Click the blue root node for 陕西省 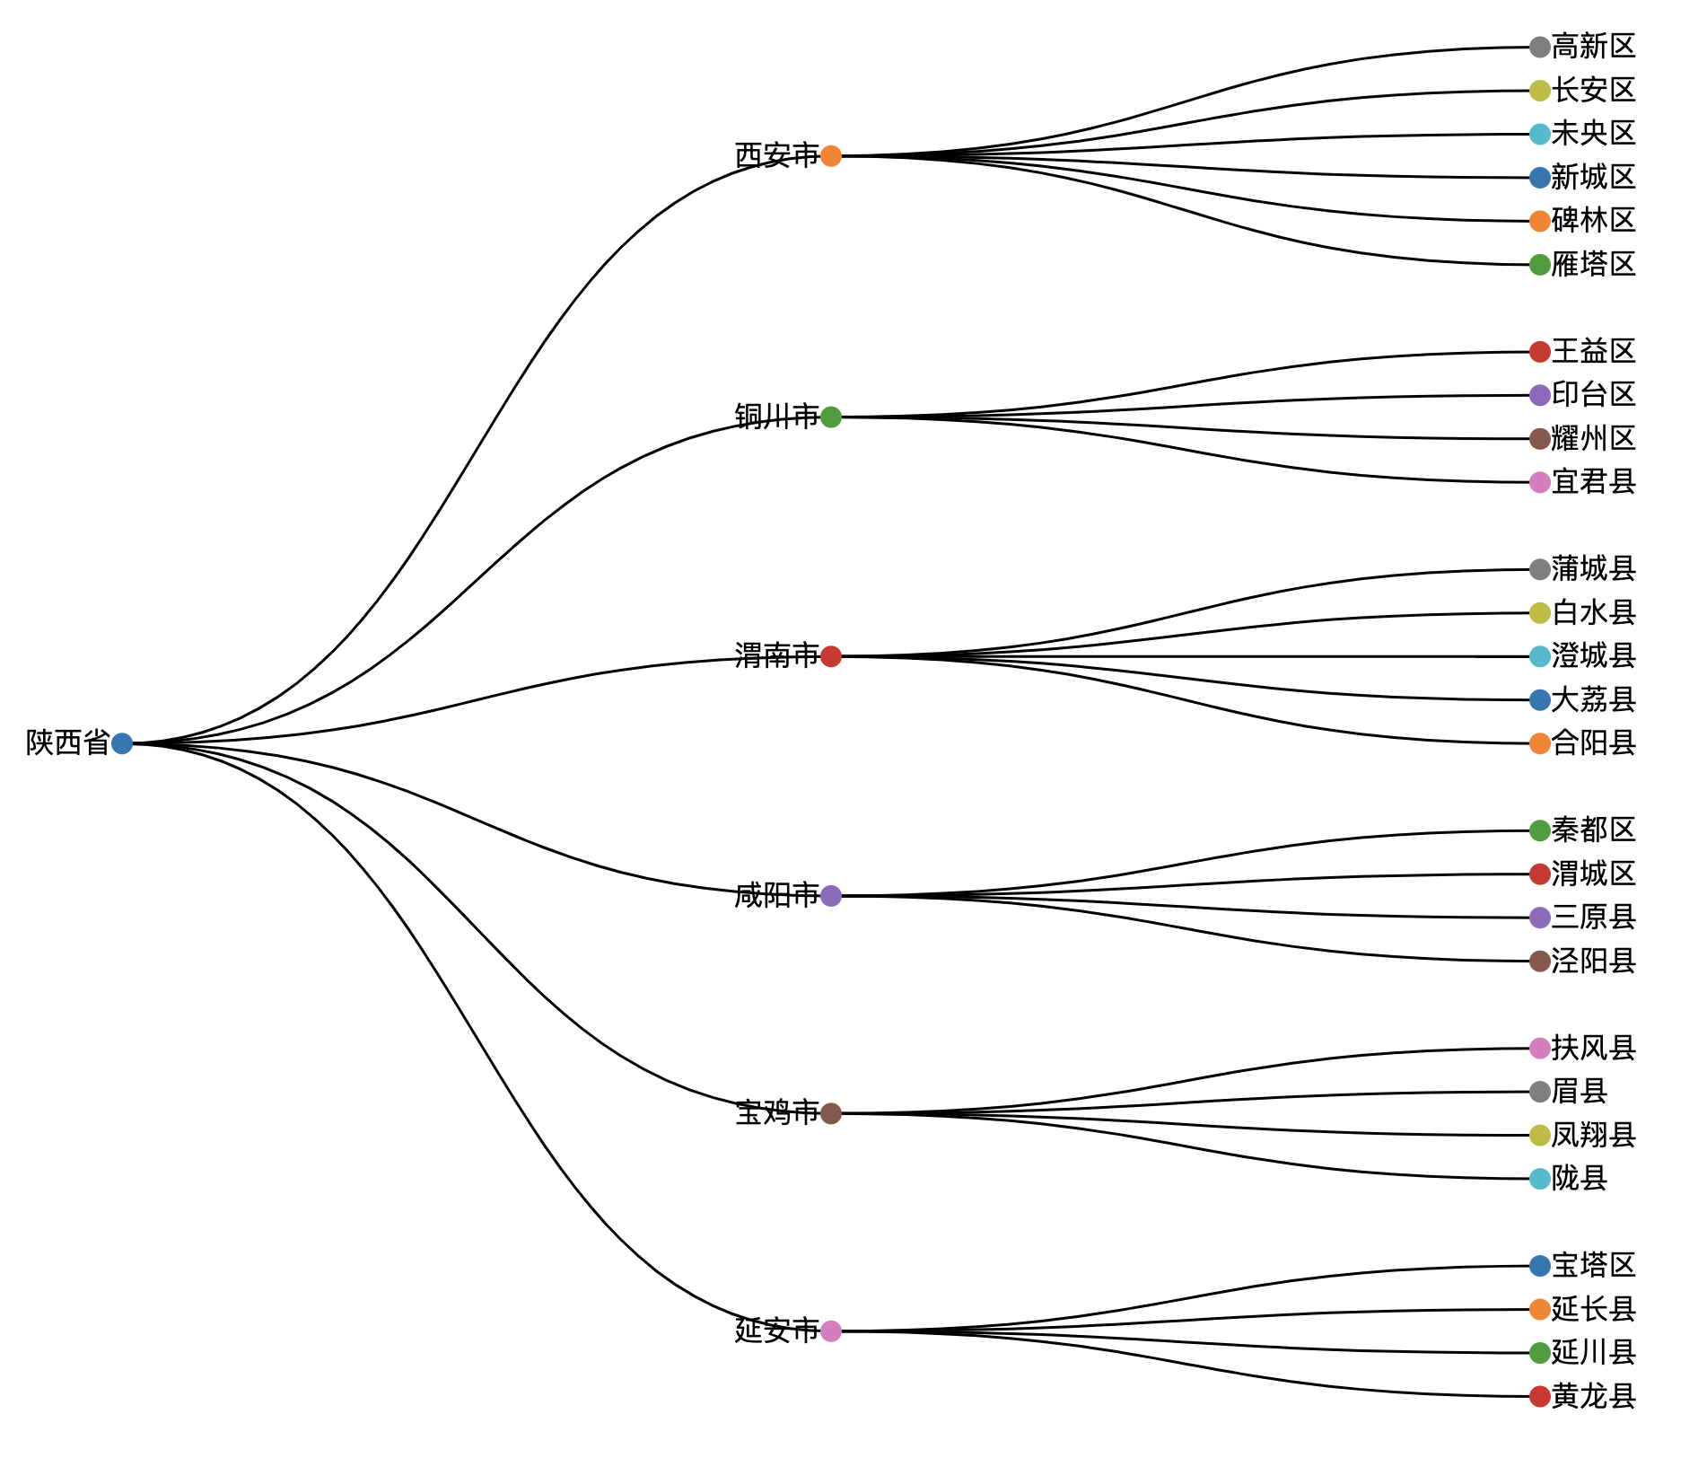(122, 743)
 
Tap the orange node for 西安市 (831, 156)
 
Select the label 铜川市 (776, 417)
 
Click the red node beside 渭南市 (831, 656)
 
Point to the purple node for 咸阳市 (831, 895)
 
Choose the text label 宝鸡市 (776, 1113)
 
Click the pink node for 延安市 (831, 1331)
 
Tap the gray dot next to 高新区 (1540, 47)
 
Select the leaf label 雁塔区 (1593, 265)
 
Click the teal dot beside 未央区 (1540, 134)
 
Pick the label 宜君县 (1593, 482)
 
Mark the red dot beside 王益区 (1540, 352)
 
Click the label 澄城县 (1593, 656)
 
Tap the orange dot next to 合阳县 (1540, 743)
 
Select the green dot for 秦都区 (1540, 830)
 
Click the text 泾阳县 (1593, 962)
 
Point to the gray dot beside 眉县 (1540, 1092)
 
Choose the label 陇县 (1579, 1179)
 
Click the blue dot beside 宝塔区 (1540, 1266)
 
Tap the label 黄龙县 (1593, 1396)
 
